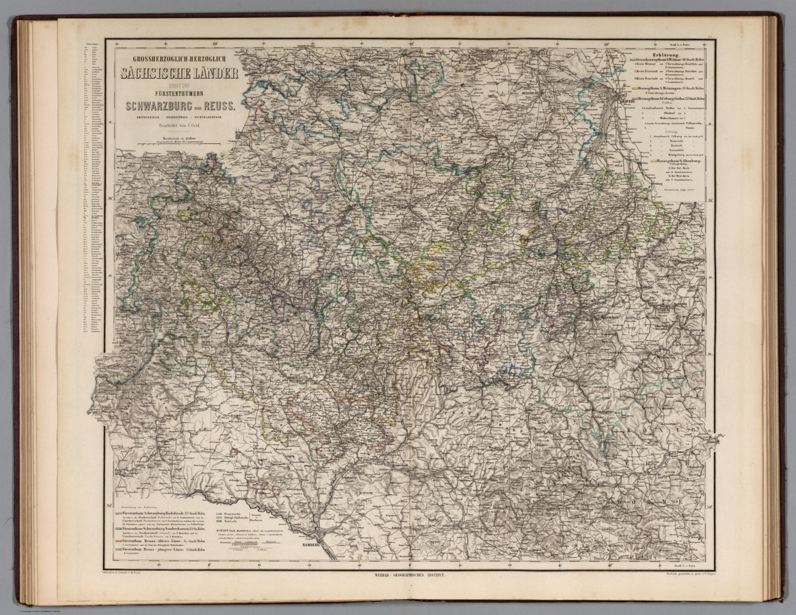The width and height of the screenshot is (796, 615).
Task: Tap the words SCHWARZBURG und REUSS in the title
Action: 179,105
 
